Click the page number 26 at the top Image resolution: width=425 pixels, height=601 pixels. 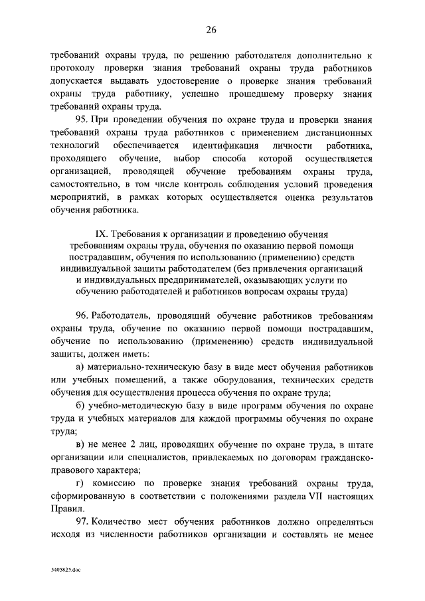(212, 30)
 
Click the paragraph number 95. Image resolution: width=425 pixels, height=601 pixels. (85, 120)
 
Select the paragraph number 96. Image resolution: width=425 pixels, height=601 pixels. (85, 317)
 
